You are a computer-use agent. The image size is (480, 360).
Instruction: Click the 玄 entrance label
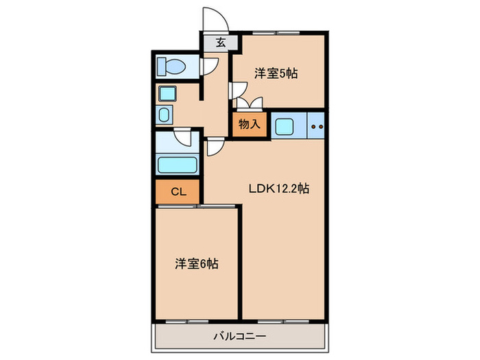point(221,43)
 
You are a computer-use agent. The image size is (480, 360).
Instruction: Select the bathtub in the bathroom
point(177,165)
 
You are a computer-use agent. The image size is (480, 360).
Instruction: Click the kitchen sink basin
point(283,125)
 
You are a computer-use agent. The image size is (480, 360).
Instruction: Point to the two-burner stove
point(316,125)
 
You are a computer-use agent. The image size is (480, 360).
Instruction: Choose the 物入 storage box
point(249,124)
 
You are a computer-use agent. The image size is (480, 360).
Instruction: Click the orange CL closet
point(178,191)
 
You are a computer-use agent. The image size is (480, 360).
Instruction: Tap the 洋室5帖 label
point(277,73)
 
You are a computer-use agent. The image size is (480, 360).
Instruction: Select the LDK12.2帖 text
point(278,189)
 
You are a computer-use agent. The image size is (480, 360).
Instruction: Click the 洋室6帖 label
point(197,263)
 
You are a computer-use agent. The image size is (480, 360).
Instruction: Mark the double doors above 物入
point(249,104)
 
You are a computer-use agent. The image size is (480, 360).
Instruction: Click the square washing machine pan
point(167,94)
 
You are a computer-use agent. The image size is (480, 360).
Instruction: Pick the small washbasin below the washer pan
point(164,114)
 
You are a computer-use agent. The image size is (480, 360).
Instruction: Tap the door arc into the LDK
point(214,145)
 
